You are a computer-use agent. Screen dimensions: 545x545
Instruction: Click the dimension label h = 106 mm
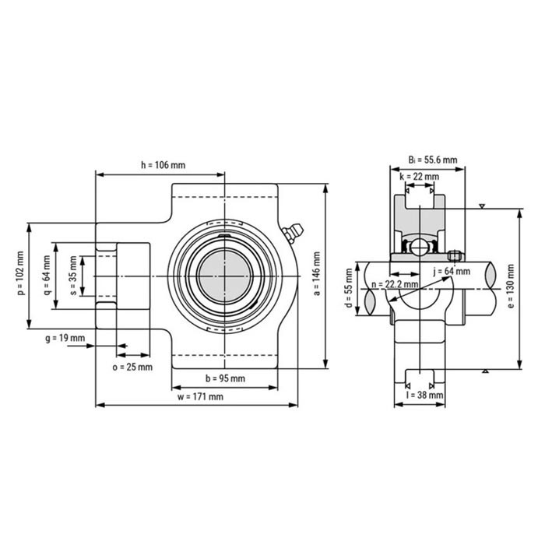[163, 164]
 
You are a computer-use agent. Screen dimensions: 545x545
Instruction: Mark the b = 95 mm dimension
[224, 378]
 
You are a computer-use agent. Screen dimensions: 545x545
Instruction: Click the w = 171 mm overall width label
[200, 396]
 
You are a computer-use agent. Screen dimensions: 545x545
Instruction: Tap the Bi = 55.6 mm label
[432, 160]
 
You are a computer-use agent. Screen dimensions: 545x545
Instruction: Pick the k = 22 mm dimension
[419, 177]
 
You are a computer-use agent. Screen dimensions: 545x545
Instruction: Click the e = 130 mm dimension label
[510, 287]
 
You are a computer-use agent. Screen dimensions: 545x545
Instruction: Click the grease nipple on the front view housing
[294, 231]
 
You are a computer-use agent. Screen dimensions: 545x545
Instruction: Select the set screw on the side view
[455, 253]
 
